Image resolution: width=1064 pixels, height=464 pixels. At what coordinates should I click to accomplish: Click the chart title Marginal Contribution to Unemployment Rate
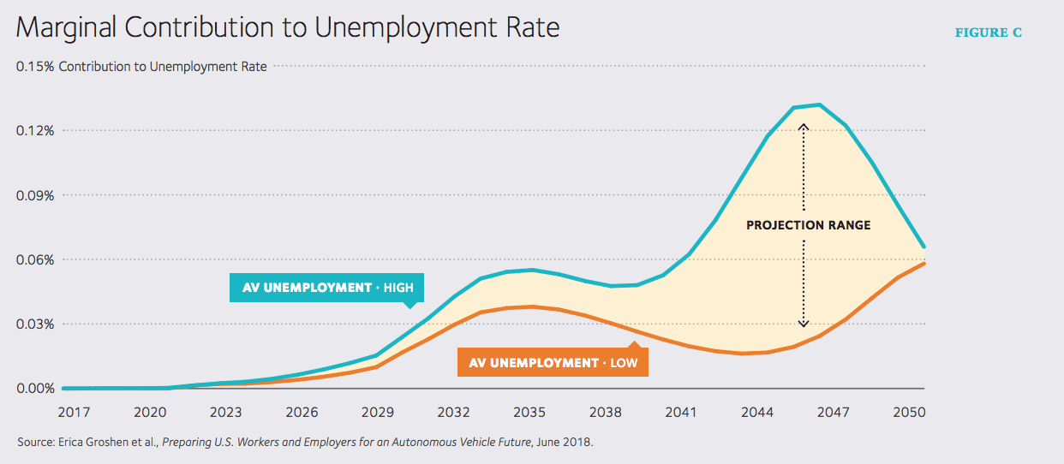pyautogui.click(x=287, y=28)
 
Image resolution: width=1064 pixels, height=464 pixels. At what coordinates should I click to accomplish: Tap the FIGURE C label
pyautogui.click(x=989, y=33)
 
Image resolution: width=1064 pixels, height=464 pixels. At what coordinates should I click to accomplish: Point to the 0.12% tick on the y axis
pyautogui.click(x=36, y=130)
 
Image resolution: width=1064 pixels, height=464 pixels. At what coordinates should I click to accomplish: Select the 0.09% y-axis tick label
pyautogui.click(x=36, y=195)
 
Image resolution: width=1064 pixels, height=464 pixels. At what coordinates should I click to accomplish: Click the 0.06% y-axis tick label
pyautogui.click(x=36, y=259)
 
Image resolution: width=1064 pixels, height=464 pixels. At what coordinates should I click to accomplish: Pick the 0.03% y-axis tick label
pyautogui.click(x=36, y=324)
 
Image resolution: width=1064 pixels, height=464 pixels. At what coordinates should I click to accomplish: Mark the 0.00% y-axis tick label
pyautogui.click(x=36, y=389)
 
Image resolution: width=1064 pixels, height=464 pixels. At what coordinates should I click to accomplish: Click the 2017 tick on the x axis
pyautogui.click(x=74, y=412)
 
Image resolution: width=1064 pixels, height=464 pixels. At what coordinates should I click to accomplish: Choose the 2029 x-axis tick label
pyautogui.click(x=378, y=412)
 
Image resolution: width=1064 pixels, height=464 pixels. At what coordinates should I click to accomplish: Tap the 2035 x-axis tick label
pyautogui.click(x=529, y=412)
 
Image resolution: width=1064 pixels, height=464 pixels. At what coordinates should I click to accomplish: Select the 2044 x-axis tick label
pyautogui.click(x=757, y=412)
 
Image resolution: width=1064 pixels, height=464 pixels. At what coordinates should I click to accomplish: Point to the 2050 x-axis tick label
pyautogui.click(x=909, y=412)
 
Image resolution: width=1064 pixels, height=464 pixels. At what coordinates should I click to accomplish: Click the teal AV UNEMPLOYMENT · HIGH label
pyautogui.click(x=327, y=288)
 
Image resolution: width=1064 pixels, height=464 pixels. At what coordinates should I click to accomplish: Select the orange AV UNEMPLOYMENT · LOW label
pyautogui.click(x=553, y=363)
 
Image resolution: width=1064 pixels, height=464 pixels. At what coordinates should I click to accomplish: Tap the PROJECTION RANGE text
pyautogui.click(x=808, y=225)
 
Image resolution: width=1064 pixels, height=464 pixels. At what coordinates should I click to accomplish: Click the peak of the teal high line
pyautogui.click(x=820, y=104)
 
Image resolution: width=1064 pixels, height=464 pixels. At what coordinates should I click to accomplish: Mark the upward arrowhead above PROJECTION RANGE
pyautogui.click(x=804, y=126)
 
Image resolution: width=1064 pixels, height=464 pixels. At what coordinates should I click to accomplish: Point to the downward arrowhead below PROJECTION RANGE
pyautogui.click(x=804, y=324)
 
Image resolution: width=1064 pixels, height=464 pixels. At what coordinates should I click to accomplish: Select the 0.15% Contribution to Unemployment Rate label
pyautogui.click(x=141, y=66)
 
